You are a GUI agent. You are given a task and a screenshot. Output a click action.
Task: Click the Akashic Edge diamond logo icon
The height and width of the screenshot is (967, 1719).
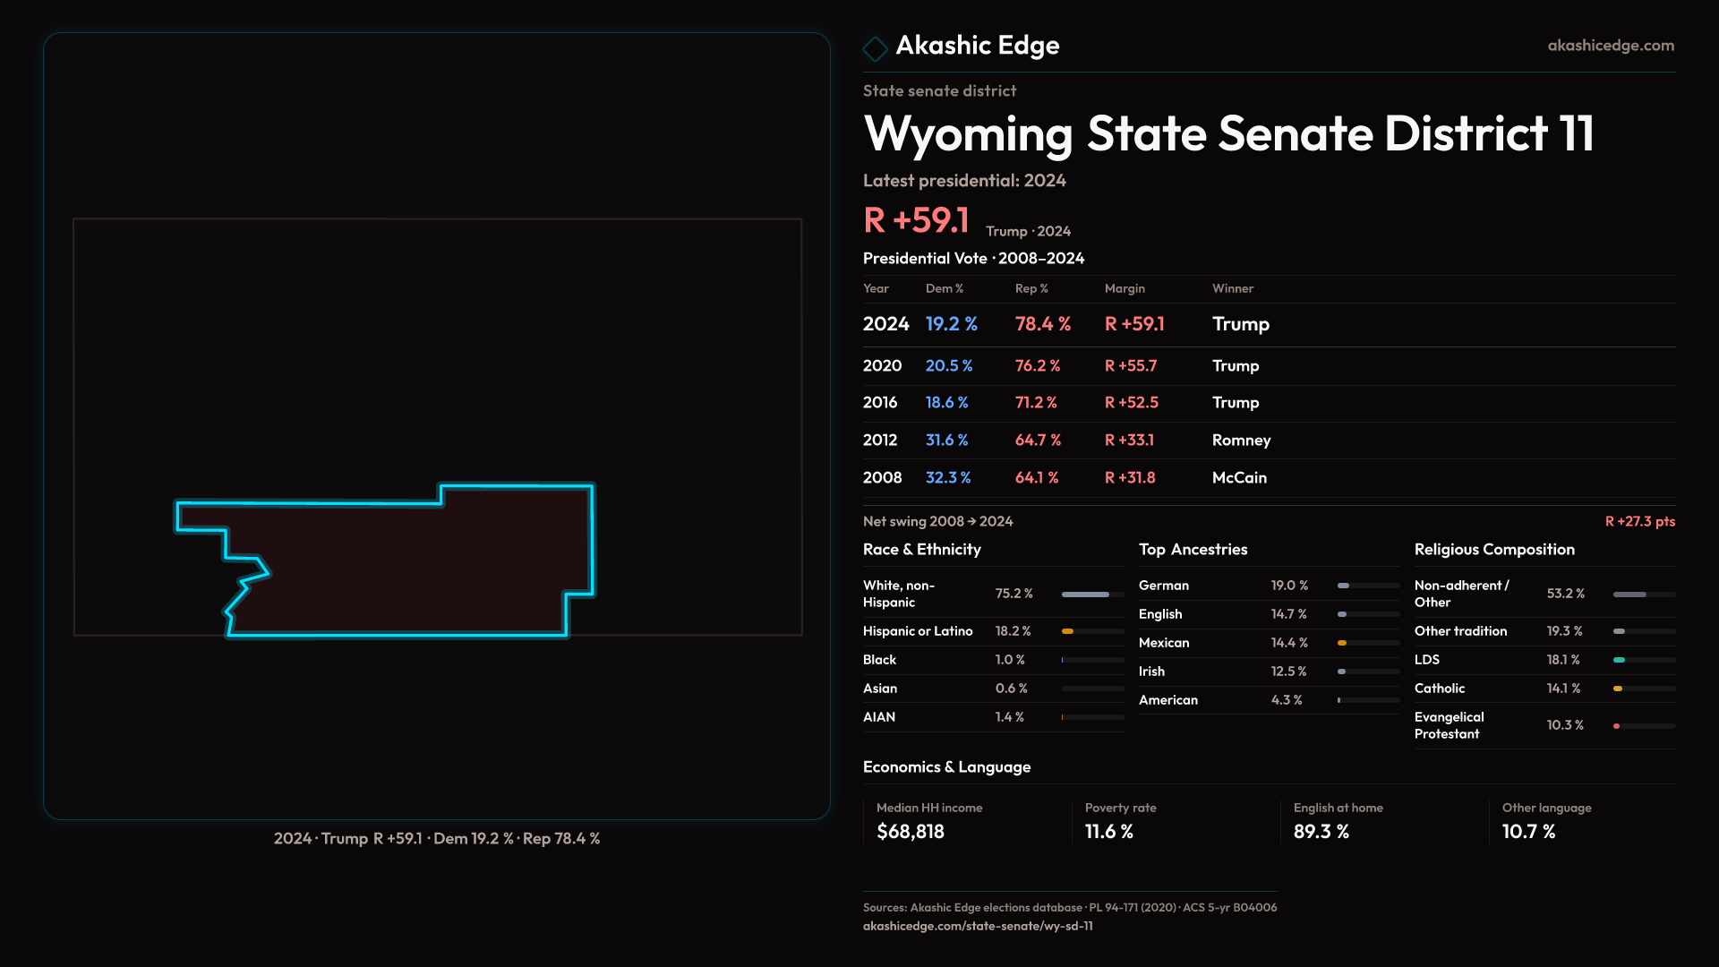[875, 48]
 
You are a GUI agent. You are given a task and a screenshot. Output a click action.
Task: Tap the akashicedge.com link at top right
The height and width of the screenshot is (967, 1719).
[1610, 46]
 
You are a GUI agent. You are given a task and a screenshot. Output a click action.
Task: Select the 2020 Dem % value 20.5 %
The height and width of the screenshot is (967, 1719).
[948, 366]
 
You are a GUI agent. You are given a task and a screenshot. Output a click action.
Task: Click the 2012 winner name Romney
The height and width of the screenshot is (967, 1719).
[1241, 441]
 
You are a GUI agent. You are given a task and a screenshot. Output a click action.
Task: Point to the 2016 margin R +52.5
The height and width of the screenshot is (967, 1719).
[1131, 403]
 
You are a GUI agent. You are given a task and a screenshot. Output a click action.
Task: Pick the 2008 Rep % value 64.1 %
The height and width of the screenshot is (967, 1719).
[1036, 478]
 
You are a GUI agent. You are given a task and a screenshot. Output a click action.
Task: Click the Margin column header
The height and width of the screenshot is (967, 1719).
[1125, 288]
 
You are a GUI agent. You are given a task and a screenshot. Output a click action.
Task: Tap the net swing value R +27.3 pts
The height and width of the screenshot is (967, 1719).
[1639, 521]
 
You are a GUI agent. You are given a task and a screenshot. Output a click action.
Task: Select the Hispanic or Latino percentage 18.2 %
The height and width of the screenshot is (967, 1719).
[1013, 631]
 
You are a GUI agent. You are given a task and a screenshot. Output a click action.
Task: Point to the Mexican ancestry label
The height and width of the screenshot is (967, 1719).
[1164, 643]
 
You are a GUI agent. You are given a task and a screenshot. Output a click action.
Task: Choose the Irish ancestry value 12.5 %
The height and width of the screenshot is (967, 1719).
[1288, 672]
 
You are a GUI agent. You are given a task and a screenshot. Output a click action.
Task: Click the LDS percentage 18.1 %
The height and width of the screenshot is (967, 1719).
[1563, 660]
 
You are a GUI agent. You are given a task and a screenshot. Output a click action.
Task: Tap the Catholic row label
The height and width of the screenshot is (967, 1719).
[1440, 689]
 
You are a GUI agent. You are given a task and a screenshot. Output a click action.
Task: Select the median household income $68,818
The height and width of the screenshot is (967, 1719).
[910, 832]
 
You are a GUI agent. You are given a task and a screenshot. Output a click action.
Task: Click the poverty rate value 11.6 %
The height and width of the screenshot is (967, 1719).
[1108, 832]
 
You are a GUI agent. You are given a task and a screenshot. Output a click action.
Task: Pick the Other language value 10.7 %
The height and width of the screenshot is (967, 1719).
[1528, 832]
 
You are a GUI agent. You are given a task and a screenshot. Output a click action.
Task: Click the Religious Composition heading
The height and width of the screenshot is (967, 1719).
[1494, 550]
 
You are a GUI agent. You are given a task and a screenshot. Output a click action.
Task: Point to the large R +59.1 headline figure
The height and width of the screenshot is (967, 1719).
[916, 220]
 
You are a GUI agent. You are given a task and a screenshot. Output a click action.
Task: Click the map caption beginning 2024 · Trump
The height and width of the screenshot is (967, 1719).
[437, 839]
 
